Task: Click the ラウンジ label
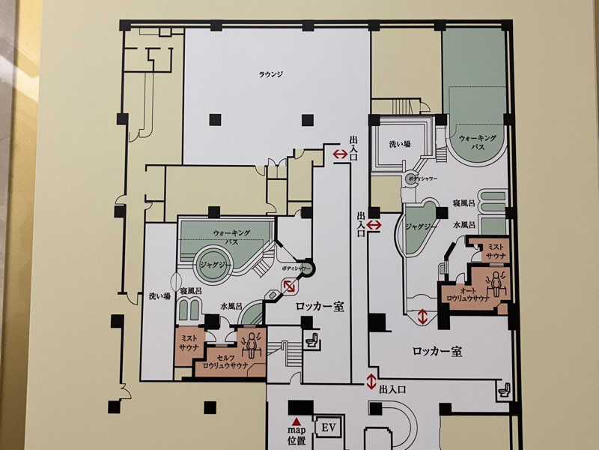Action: click(271, 74)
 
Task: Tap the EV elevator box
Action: click(329, 427)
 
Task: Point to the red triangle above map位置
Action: click(296, 421)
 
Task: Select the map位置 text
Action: click(297, 436)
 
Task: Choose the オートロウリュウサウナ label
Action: click(468, 295)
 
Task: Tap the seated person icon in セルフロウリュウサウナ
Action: click(252, 343)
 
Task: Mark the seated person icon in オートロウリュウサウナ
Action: click(496, 283)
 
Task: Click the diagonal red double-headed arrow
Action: click(289, 286)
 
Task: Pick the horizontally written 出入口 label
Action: click(392, 390)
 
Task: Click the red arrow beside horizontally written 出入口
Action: click(371, 382)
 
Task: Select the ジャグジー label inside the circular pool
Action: click(213, 265)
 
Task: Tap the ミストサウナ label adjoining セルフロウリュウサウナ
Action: click(189, 343)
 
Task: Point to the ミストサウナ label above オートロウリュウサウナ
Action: click(496, 251)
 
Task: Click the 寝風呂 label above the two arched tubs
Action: click(191, 291)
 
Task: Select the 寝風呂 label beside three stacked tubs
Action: click(463, 203)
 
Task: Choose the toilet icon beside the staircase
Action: click(312, 340)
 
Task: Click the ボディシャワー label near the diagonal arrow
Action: click(296, 268)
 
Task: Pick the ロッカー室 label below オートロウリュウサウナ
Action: click(437, 351)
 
